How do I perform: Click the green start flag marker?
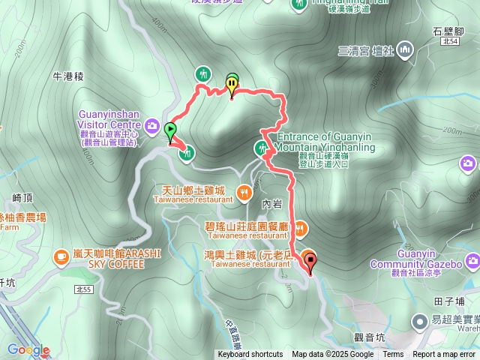170,130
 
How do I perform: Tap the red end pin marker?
310,262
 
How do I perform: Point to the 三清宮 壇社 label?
365,51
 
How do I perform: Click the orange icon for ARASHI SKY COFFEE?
59,257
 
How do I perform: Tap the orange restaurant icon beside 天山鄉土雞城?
244,193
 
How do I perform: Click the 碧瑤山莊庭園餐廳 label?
246,225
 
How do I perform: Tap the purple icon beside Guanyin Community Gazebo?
472,261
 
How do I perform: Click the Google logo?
28,349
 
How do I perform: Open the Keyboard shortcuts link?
250,355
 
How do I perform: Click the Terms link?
393,355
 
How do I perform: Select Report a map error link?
444,355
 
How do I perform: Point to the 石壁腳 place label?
446,31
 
